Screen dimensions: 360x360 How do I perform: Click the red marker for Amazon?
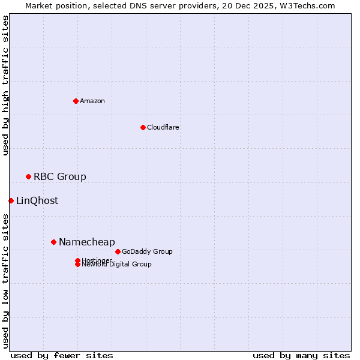[76, 101]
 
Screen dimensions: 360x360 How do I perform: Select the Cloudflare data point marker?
[143, 127]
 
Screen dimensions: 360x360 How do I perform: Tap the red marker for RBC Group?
[28, 176]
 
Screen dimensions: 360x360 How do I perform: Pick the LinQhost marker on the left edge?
[11, 200]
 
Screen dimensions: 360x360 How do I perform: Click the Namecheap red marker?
[53, 242]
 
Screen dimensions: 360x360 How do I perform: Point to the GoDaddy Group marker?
[118, 251]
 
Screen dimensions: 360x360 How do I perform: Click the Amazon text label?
[92, 101]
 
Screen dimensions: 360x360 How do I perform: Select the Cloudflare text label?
[163, 127]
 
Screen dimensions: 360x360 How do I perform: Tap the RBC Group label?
[60, 176]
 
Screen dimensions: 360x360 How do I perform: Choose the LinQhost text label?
[37, 200]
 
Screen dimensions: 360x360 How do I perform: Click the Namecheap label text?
[87, 242]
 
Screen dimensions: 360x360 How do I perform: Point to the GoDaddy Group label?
[147, 251]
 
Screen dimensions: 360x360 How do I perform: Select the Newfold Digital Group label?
[117, 265]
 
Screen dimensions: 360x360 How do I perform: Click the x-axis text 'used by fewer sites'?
[62, 355]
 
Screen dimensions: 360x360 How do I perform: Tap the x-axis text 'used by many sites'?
[301, 355]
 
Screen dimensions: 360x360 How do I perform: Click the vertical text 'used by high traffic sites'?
[6, 85]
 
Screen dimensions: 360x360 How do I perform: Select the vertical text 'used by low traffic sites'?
[6, 281]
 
